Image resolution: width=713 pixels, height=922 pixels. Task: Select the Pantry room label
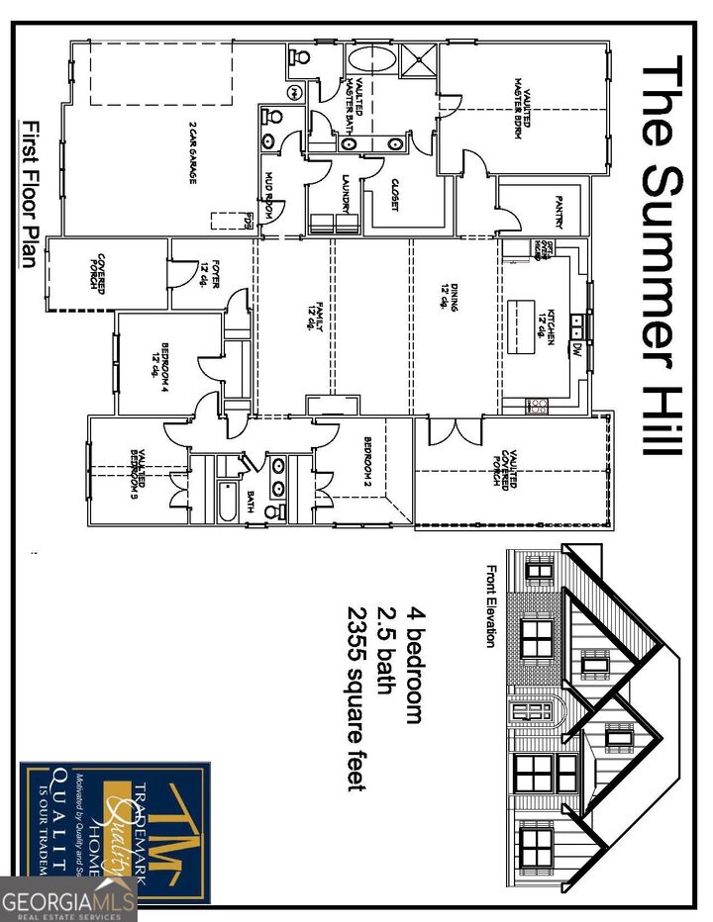(x=559, y=211)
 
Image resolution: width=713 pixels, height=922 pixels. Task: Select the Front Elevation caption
(x=490, y=605)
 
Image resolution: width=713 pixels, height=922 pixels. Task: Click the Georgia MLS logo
(x=67, y=900)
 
